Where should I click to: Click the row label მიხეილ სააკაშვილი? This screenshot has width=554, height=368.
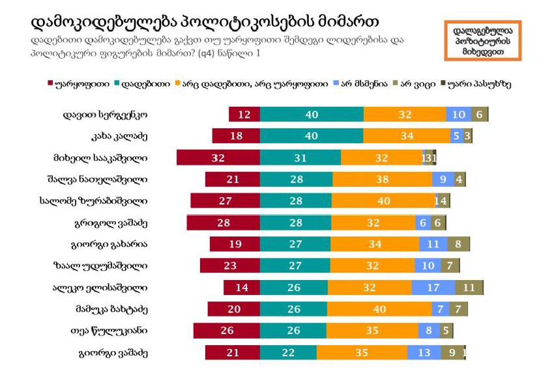click(100, 158)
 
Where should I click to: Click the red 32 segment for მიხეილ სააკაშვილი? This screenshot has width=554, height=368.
click(218, 158)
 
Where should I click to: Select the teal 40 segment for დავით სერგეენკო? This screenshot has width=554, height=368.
click(312, 114)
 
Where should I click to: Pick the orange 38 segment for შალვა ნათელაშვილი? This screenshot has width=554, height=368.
click(382, 179)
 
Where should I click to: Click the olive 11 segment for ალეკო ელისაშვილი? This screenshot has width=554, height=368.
click(469, 287)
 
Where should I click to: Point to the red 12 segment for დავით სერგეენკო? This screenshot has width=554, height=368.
click(244, 114)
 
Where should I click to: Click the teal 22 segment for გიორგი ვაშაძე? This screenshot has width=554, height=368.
click(288, 352)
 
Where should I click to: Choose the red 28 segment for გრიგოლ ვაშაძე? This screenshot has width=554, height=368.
click(224, 223)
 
